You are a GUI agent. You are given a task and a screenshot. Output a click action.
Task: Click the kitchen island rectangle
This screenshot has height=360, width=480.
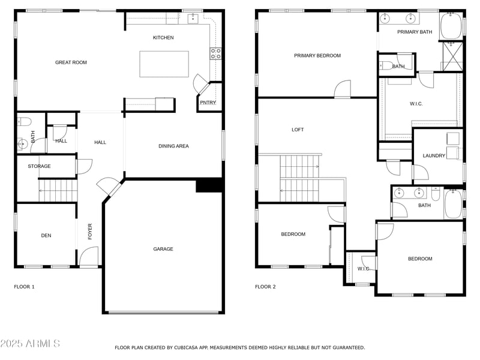pyautogui.click(x=164, y=64)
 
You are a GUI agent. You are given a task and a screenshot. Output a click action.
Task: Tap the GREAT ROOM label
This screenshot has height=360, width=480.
pyautogui.click(x=71, y=62)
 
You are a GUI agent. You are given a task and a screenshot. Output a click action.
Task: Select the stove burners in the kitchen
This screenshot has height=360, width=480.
pyautogui.click(x=215, y=54)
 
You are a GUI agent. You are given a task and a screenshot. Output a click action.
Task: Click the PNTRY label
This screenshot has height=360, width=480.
pyautogui.click(x=207, y=103)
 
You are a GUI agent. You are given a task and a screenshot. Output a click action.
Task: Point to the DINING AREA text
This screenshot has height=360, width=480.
pyautogui.click(x=173, y=146)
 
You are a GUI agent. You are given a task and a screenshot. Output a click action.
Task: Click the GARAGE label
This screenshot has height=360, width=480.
pyautogui.click(x=163, y=249)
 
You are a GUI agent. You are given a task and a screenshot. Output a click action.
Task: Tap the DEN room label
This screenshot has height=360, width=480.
pyautogui.click(x=46, y=236)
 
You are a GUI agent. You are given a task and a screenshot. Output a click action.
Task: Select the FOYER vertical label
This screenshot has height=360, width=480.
pyautogui.click(x=91, y=232)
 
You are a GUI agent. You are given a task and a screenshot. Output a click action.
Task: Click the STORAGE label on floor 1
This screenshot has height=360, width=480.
pyautogui.click(x=39, y=166)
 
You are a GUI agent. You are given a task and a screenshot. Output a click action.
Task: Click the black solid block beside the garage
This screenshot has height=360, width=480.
pyautogui.click(x=209, y=185)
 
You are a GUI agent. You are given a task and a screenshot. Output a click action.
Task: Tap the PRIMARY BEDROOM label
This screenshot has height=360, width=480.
pyautogui.click(x=317, y=56)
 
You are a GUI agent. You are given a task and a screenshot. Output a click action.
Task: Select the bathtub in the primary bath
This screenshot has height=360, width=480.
pyautogui.click(x=451, y=26)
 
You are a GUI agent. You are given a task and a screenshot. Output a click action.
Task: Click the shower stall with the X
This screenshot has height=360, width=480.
pyautogui.click(x=452, y=57)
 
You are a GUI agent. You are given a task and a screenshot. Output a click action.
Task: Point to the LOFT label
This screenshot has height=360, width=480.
pyautogui.click(x=298, y=130)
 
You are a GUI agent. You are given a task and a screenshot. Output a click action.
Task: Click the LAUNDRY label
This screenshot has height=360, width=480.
pyautogui.click(x=434, y=156)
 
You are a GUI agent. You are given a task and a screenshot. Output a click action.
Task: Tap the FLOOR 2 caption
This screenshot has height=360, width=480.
pyautogui.click(x=265, y=287)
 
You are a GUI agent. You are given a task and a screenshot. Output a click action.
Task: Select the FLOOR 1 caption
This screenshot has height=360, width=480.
pyautogui.click(x=24, y=287)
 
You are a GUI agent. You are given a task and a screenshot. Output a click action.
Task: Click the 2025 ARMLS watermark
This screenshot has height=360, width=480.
pyautogui.click(x=30, y=344)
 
